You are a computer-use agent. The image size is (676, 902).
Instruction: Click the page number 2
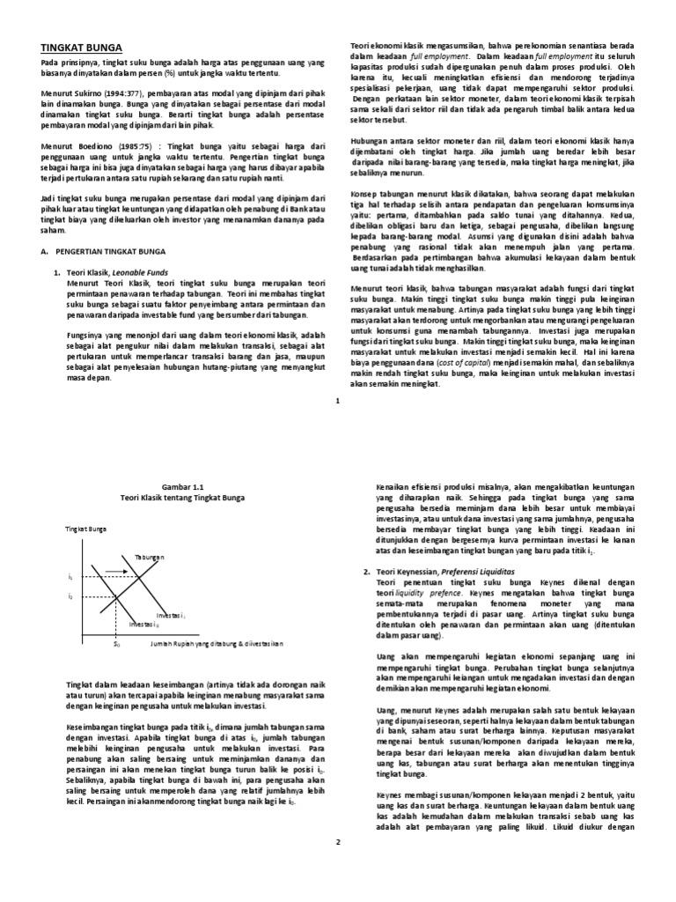(337, 843)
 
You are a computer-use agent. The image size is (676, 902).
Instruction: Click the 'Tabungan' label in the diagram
(150, 558)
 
